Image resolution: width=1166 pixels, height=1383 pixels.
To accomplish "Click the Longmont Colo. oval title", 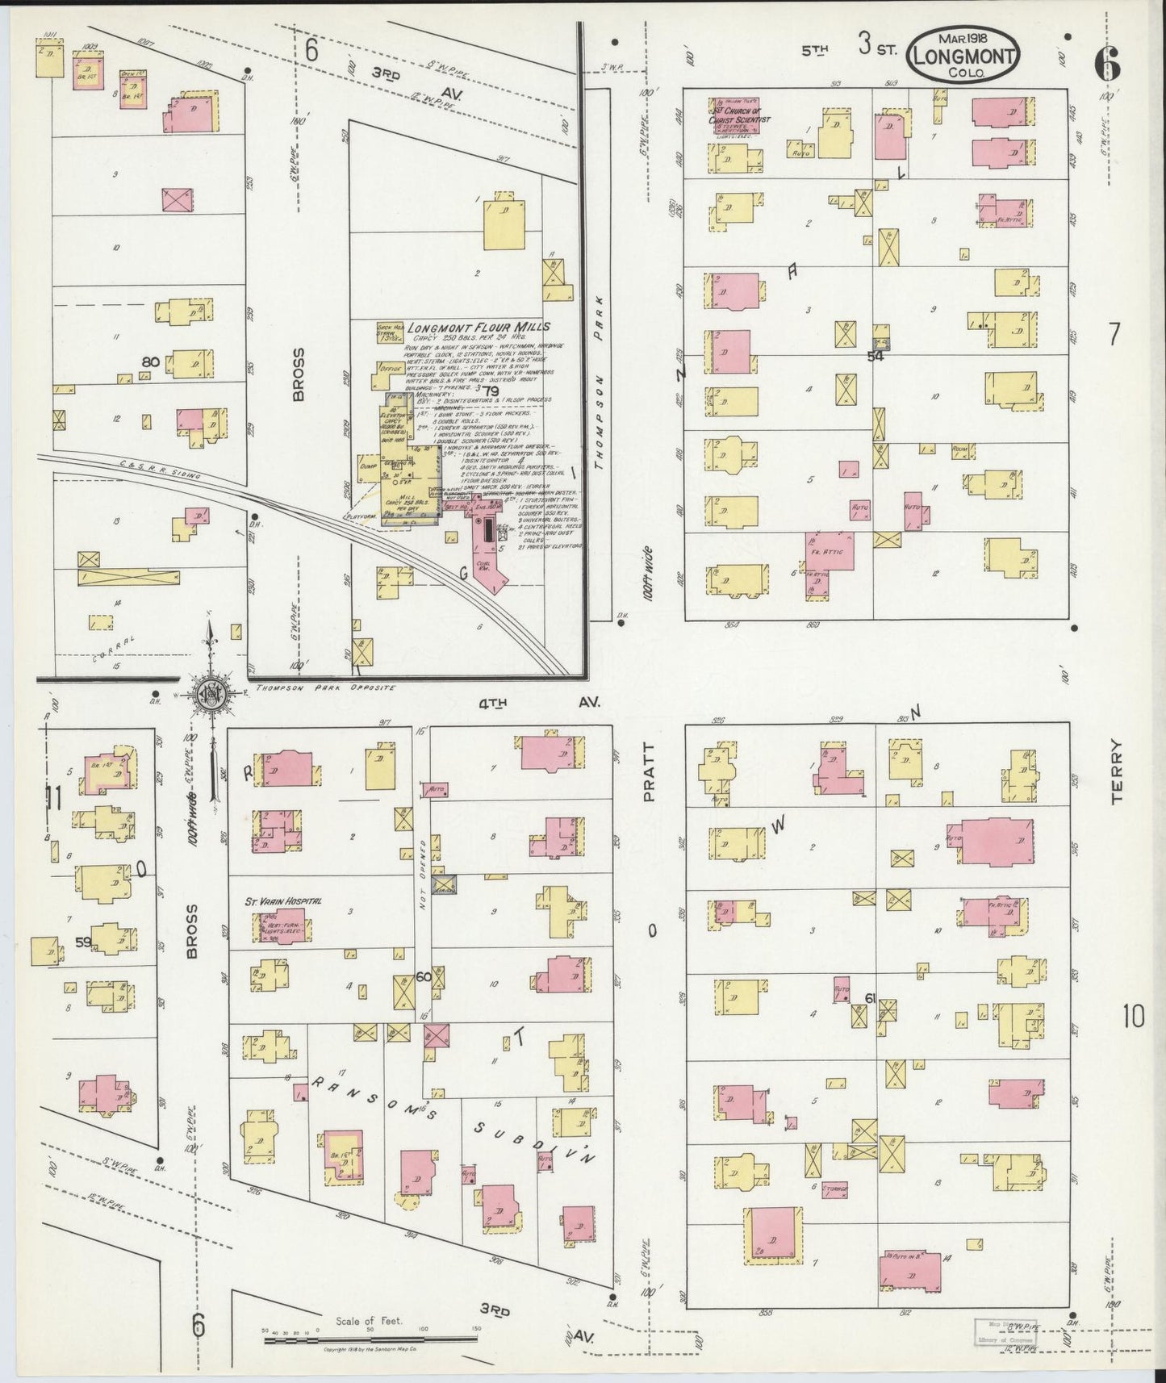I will (x=964, y=55).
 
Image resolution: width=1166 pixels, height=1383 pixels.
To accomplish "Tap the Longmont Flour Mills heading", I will (x=479, y=327).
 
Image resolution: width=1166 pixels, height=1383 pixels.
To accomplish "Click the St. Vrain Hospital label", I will (x=284, y=900).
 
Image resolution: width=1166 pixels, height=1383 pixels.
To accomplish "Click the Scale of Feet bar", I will (x=372, y=1341).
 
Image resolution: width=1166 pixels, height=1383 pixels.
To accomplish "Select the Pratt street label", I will (x=650, y=772).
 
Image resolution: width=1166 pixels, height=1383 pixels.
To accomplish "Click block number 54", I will (x=876, y=355).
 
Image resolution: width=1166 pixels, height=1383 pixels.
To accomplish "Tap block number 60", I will (x=423, y=977).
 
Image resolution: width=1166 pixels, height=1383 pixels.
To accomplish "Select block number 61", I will (x=870, y=998).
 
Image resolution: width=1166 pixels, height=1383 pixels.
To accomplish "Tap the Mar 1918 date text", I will (x=964, y=37).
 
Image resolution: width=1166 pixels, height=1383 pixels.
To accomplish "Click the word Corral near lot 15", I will (x=113, y=648).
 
